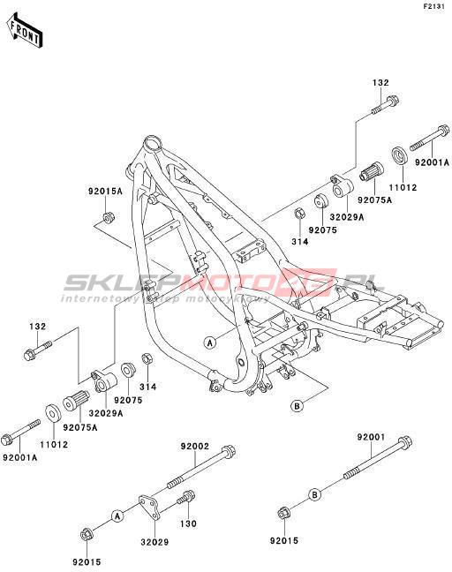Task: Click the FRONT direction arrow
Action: [x=25, y=31]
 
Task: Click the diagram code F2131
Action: [x=433, y=6]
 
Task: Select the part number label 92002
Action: [x=195, y=446]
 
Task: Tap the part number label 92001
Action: [x=371, y=437]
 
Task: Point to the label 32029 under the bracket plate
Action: [x=154, y=542]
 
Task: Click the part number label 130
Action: [x=188, y=523]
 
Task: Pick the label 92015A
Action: [x=105, y=191]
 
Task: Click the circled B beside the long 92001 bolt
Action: [x=315, y=495]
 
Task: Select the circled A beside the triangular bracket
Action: [x=117, y=516]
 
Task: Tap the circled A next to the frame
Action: [x=210, y=342]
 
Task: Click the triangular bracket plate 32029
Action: [x=148, y=507]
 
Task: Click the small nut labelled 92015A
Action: [x=108, y=217]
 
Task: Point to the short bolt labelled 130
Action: [x=186, y=498]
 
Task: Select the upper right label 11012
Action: [x=403, y=187]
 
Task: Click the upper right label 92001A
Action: [x=432, y=162]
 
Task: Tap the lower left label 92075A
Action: [x=80, y=427]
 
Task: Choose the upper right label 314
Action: [x=300, y=241]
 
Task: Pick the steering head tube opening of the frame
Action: [x=152, y=143]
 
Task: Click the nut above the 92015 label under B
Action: [x=283, y=513]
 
